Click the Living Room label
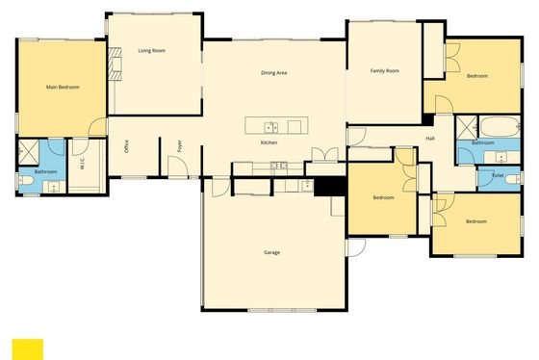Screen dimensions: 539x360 pos(152,51)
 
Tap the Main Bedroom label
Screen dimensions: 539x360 pos(63,87)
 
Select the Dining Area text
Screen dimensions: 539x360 pos(273,73)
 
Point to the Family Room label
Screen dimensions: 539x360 pos(385,71)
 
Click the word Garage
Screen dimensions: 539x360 pos(271,252)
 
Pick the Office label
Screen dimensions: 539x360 pos(126,146)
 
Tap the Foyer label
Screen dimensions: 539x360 pos(179,146)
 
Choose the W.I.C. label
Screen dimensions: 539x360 pos(82,164)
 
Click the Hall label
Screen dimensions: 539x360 pos(430,139)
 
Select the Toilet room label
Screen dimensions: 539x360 pos(498,175)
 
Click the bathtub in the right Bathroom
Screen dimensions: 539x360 pos(500,127)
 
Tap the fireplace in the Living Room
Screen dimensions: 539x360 pos(115,64)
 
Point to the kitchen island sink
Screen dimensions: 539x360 pos(270,128)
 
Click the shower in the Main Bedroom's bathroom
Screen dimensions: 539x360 pos(28,152)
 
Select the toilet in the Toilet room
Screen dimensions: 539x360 pos(514,179)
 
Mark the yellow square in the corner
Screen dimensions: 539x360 pos(28,349)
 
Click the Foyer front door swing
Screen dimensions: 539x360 pos(178,167)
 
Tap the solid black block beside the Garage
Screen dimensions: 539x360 pos(330,187)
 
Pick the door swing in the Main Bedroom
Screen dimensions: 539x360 pos(97,126)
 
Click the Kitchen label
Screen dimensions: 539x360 pos(269,142)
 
